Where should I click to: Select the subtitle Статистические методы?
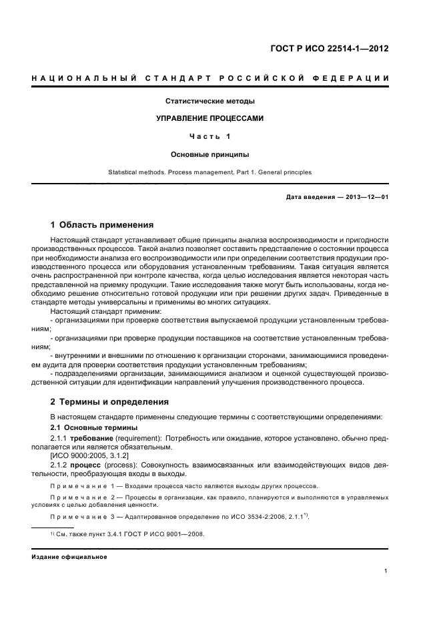click(209, 101)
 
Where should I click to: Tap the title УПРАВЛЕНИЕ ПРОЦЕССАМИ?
click(209, 119)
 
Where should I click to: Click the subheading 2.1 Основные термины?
click(94, 427)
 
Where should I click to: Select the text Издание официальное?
click(69, 556)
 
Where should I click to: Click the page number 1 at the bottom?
click(386, 572)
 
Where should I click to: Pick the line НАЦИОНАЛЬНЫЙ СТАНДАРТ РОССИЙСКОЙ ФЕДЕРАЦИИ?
click(209, 79)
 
